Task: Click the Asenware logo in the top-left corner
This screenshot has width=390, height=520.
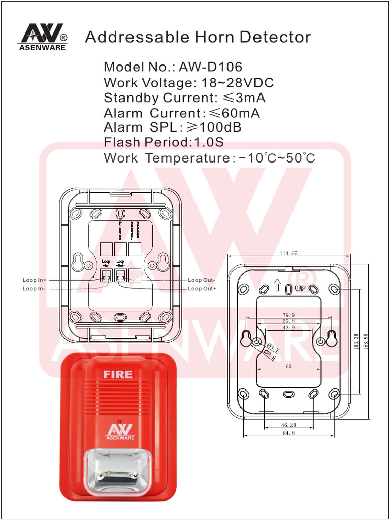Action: pyautogui.click(x=43, y=37)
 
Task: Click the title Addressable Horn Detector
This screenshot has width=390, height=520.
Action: pyautogui.click(x=198, y=37)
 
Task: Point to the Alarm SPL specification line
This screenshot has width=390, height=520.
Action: pyautogui.click(x=172, y=127)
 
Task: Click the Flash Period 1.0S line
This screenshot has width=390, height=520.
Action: pyautogui.click(x=164, y=142)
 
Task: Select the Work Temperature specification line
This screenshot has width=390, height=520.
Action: pyautogui.click(x=209, y=158)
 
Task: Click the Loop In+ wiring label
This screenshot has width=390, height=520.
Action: pyautogui.click(x=35, y=280)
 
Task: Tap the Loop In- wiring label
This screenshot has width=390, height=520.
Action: pyautogui.click(x=34, y=289)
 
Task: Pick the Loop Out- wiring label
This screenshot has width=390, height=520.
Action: pyautogui.click(x=202, y=280)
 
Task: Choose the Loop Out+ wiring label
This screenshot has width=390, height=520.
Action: pyautogui.click(x=202, y=289)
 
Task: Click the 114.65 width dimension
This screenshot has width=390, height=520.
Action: pyautogui.click(x=288, y=253)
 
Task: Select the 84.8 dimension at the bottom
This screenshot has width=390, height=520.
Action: pyautogui.click(x=288, y=433)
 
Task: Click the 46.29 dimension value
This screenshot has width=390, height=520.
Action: pyautogui.click(x=288, y=424)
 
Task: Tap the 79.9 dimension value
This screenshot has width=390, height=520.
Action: pyautogui.click(x=288, y=315)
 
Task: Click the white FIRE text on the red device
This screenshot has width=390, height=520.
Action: pyautogui.click(x=118, y=375)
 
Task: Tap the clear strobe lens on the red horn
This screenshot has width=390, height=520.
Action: pyautogui.click(x=118, y=471)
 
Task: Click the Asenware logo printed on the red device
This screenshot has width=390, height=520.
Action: pyautogui.click(x=119, y=432)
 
